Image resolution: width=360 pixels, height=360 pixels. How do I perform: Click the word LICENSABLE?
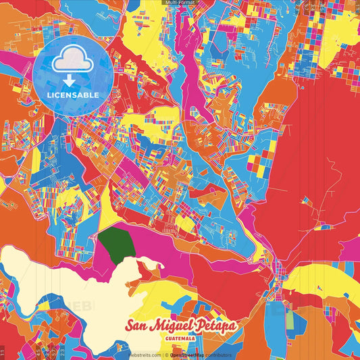[72, 95]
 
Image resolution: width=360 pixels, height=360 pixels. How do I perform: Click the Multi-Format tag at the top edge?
[180, 3]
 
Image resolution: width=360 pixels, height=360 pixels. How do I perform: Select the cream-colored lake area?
[68, 284]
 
